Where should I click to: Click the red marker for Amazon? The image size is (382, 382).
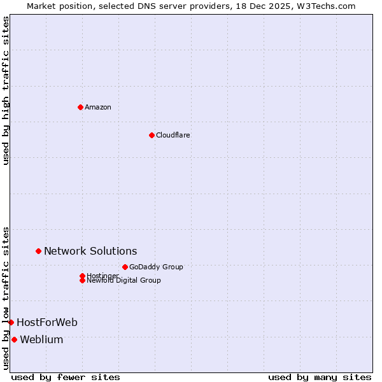(80, 107)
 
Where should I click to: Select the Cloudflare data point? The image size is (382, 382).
(152, 135)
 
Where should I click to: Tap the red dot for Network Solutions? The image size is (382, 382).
(38, 251)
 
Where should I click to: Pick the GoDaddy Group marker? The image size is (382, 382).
(125, 267)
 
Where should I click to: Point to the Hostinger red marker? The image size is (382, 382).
(82, 276)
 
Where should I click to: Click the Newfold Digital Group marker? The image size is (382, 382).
(82, 280)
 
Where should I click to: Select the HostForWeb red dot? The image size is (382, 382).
(11, 322)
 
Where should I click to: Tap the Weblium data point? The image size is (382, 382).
(14, 339)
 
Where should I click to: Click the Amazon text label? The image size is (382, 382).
(98, 107)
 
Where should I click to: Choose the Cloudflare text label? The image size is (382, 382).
(173, 135)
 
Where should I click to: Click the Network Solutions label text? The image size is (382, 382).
(90, 251)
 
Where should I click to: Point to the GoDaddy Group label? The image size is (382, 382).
(156, 267)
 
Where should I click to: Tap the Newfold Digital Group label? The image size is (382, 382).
(124, 281)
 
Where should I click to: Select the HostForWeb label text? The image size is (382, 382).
(47, 323)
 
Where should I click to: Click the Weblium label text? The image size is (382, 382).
(41, 340)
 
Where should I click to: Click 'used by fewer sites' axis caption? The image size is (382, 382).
(66, 377)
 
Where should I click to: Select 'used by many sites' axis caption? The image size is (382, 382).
(320, 377)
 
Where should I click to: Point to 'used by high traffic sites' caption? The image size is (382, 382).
(6, 90)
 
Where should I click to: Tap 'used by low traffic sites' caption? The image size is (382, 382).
(6, 297)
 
